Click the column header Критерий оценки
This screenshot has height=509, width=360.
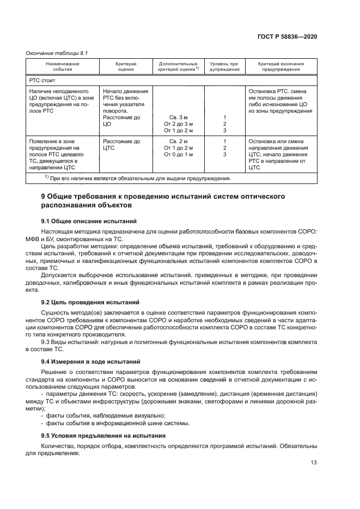126,66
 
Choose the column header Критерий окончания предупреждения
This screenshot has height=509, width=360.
280,66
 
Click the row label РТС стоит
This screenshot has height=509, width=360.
41,79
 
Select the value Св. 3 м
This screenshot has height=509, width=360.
179,118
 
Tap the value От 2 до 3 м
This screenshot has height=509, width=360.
179,124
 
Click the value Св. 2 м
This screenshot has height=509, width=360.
179,142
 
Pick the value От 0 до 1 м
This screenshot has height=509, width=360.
179,155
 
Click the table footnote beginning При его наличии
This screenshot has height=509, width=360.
138,178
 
